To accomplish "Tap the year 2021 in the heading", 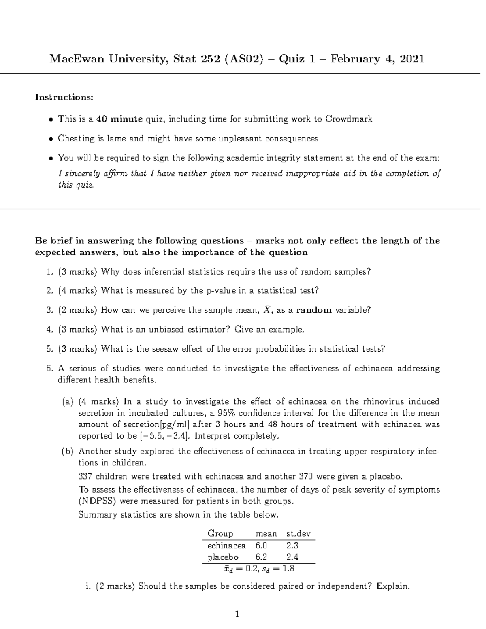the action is (x=411, y=59).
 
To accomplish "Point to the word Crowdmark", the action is (x=349, y=119).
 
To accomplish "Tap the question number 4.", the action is (x=49, y=330).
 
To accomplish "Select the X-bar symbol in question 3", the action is (x=266, y=310).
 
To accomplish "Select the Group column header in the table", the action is (x=220, y=534).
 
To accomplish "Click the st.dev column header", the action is (x=298, y=534).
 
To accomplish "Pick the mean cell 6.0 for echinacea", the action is (x=261, y=546).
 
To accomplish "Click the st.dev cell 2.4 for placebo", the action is (x=292, y=557).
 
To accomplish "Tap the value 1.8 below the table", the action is (x=288, y=569).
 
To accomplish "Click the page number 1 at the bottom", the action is (x=237, y=615).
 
